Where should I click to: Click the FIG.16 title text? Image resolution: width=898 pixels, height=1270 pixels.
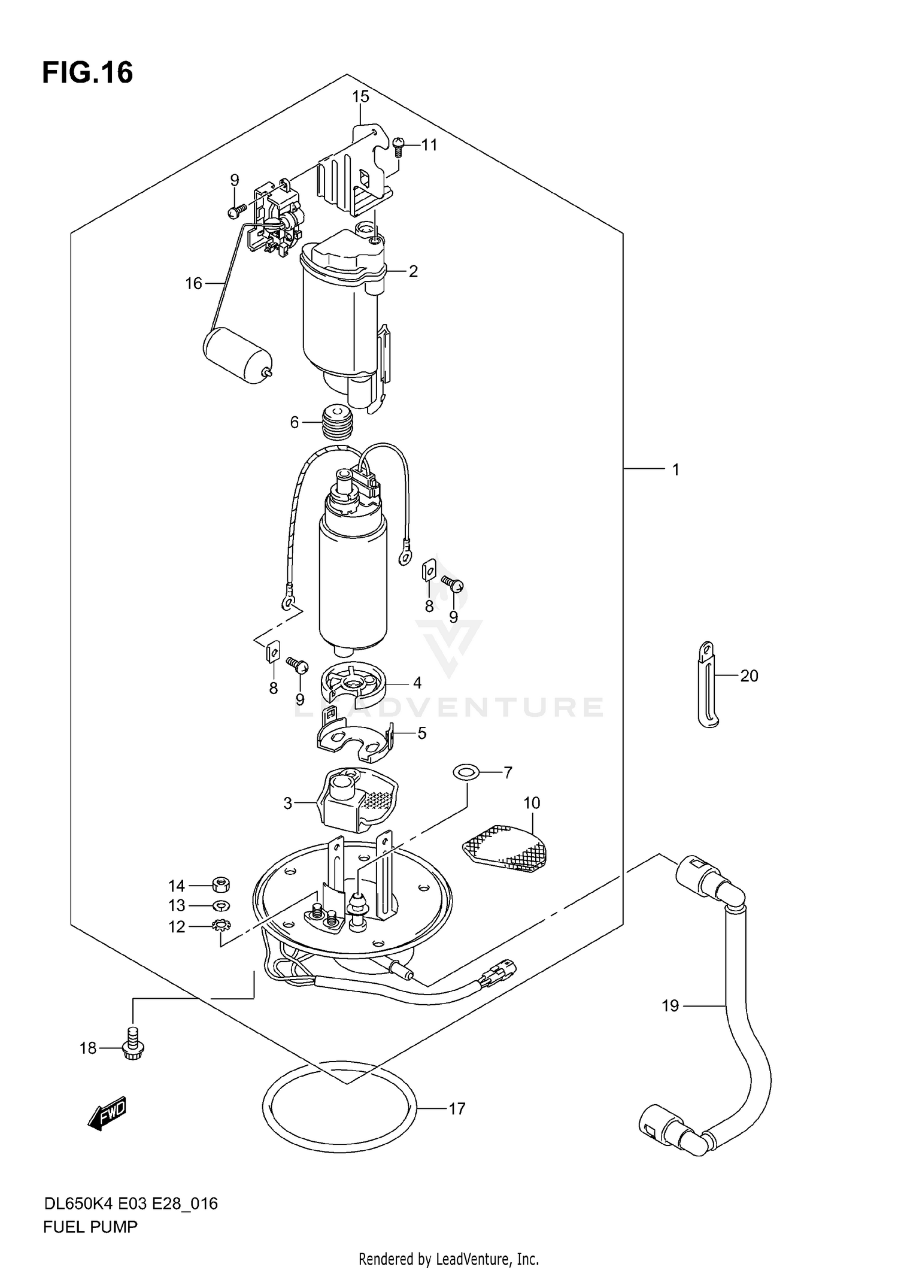point(87,73)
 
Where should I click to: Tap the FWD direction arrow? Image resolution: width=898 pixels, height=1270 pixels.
point(108,1114)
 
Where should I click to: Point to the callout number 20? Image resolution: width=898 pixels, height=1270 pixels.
point(749,676)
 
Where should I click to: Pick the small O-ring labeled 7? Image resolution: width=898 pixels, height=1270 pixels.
point(465,773)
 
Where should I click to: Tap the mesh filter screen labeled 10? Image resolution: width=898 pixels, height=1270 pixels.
point(506,847)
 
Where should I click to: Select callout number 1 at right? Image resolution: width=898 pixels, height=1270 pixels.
point(675,470)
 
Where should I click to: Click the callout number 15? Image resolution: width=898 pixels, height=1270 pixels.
point(360,96)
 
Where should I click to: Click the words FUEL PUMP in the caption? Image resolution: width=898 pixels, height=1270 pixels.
point(90,1227)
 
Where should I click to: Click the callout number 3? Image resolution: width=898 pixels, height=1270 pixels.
point(287,804)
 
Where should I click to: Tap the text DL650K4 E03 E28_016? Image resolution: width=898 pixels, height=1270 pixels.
point(131,1203)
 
